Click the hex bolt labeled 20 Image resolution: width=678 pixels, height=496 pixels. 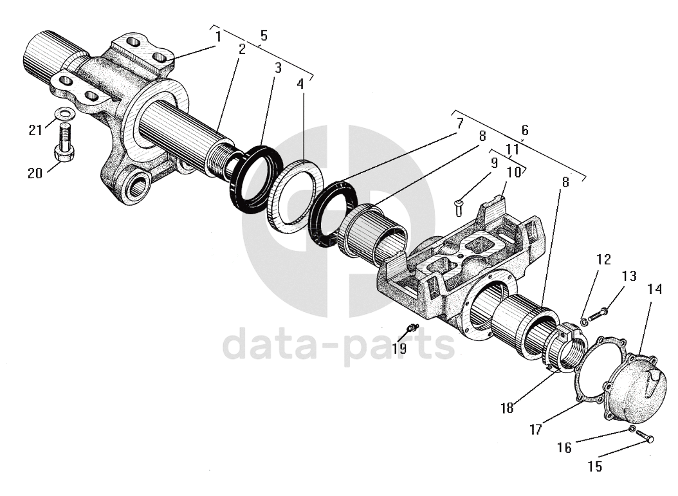pyautogui.click(x=64, y=145)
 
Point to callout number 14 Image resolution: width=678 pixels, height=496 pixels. pyautogui.click(x=654, y=290)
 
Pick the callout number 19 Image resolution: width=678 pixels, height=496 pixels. pyautogui.click(x=399, y=349)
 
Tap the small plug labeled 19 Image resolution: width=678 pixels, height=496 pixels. pyautogui.click(x=410, y=329)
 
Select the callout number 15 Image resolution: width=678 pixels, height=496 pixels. pyautogui.click(x=596, y=466)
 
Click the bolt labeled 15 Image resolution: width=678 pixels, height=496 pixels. pyautogui.click(x=644, y=437)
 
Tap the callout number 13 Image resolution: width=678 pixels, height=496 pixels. pyautogui.click(x=628, y=276)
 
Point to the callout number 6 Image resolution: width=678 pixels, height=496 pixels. pyautogui.click(x=524, y=129)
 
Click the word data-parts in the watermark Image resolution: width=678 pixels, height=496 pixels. pyautogui.click(x=338, y=344)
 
